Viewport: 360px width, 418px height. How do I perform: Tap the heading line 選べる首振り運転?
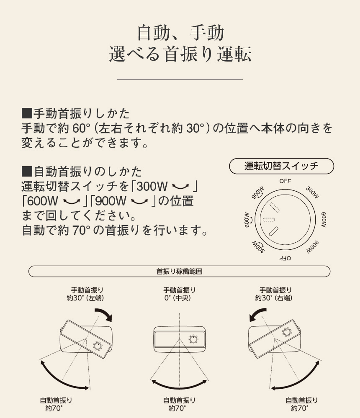[180, 55]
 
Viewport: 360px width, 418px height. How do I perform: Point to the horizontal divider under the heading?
[180, 79]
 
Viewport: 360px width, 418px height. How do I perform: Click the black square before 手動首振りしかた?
[27, 113]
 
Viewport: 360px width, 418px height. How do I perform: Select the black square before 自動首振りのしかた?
[27, 172]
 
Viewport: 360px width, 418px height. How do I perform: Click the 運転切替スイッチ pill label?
[281, 166]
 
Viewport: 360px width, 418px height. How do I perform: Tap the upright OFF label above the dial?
[285, 181]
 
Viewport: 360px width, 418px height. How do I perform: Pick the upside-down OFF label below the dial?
[285, 258]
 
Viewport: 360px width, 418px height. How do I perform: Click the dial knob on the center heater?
[194, 339]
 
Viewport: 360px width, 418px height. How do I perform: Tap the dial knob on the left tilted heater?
[97, 346]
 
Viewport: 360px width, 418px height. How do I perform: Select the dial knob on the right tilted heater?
[287, 332]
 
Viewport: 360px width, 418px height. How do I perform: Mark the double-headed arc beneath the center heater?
[180, 383]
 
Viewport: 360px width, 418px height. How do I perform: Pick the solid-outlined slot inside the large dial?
[274, 232]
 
